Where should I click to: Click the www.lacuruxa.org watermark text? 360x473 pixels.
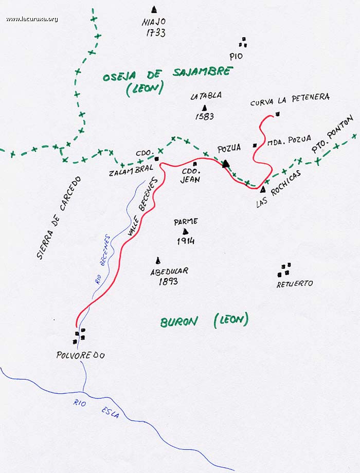(x=32, y=20)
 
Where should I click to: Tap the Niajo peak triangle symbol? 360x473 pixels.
(x=154, y=9)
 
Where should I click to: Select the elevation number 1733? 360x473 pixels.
(x=155, y=33)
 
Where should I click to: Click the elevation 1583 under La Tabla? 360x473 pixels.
(x=205, y=117)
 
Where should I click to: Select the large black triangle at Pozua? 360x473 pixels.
(x=225, y=164)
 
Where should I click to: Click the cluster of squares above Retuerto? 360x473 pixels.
(x=284, y=269)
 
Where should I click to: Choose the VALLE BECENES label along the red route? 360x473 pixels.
(x=143, y=208)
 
